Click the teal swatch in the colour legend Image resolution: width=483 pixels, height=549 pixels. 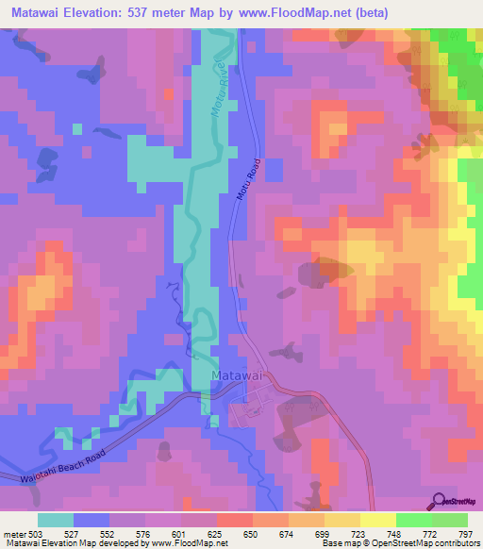[x=56, y=520]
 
